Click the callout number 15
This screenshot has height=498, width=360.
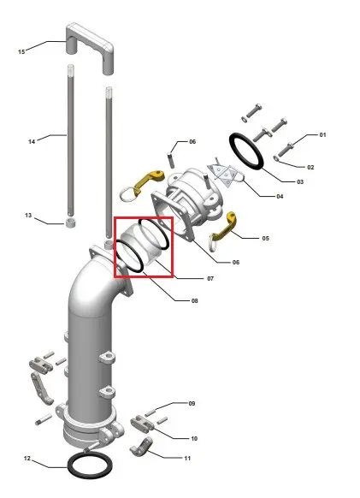pyautogui.click(x=21, y=51)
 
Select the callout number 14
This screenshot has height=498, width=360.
pyautogui.click(x=32, y=141)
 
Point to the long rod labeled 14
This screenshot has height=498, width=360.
pyautogui.click(x=71, y=139)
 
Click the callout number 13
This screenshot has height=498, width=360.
pyautogui.click(x=28, y=216)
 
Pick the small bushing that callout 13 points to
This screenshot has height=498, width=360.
pyautogui.click(x=71, y=223)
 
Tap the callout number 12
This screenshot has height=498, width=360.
pyautogui.click(x=27, y=458)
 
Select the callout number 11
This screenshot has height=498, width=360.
pyautogui.click(x=187, y=458)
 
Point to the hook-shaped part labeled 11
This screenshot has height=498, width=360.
pyautogui.click(x=142, y=448)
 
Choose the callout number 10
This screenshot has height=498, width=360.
pyautogui.click(x=194, y=438)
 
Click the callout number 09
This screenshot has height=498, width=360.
pyautogui.click(x=192, y=403)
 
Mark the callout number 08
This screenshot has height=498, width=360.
pyautogui.click(x=195, y=300)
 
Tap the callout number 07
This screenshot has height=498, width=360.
pyautogui.click(x=210, y=279)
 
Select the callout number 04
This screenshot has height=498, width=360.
pyautogui.click(x=280, y=196)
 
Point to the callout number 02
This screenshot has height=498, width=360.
pyautogui.click(x=310, y=167)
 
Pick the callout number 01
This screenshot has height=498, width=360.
pyautogui.click(x=322, y=134)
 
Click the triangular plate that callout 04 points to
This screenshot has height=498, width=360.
pyautogui.click(x=225, y=175)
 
